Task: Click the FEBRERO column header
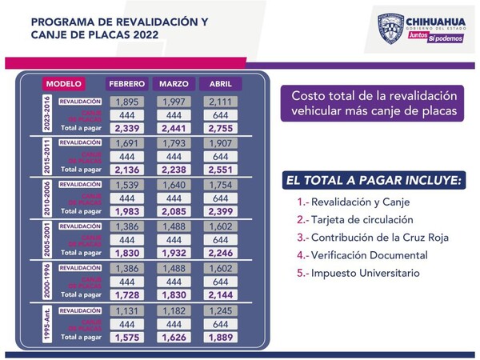point(128,84)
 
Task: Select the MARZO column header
point(174,84)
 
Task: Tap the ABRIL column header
point(220,84)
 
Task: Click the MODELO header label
point(64,84)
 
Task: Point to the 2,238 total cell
point(174,170)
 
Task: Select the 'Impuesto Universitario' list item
point(349,274)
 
